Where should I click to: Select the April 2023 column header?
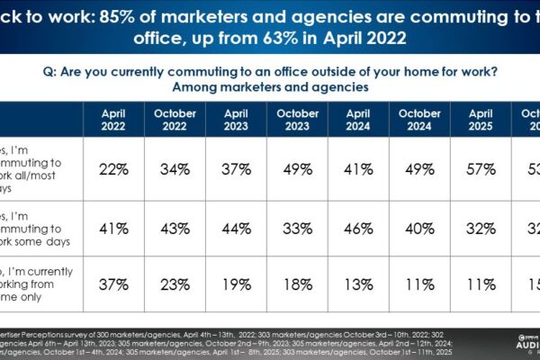237,120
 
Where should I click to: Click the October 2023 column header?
298,120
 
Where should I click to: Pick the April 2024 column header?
359,120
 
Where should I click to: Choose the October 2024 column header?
420,120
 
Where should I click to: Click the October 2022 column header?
175,120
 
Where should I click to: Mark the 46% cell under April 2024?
359,229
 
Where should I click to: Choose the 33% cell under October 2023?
298,229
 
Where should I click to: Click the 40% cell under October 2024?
420,229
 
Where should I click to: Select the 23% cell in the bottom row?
175,285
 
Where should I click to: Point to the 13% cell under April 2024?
359,285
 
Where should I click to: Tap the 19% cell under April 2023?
237,285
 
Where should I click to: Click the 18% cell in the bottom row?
298,285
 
